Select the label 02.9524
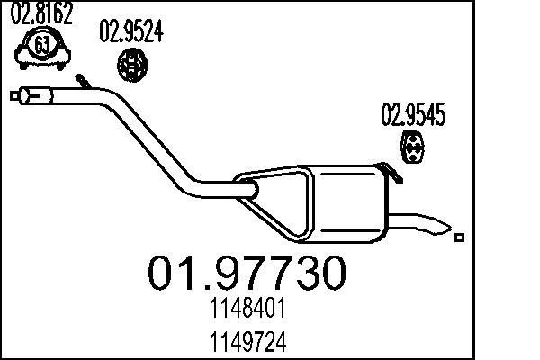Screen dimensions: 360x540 pyautogui.click(x=130, y=32)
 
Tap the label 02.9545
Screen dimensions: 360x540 pyautogui.click(x=413, y=115)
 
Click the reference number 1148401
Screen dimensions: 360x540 pyautogui.click(x=247, y=311)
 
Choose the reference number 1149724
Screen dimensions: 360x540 pyautogui.click(x=247, y=342)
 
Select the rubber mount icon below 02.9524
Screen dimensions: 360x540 pyautogui.click(x=133, y=64)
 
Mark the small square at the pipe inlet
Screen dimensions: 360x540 pyautogui.click(x=14, y=93)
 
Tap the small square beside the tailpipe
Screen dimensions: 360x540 pyautogui.click(x=460, y=238)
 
